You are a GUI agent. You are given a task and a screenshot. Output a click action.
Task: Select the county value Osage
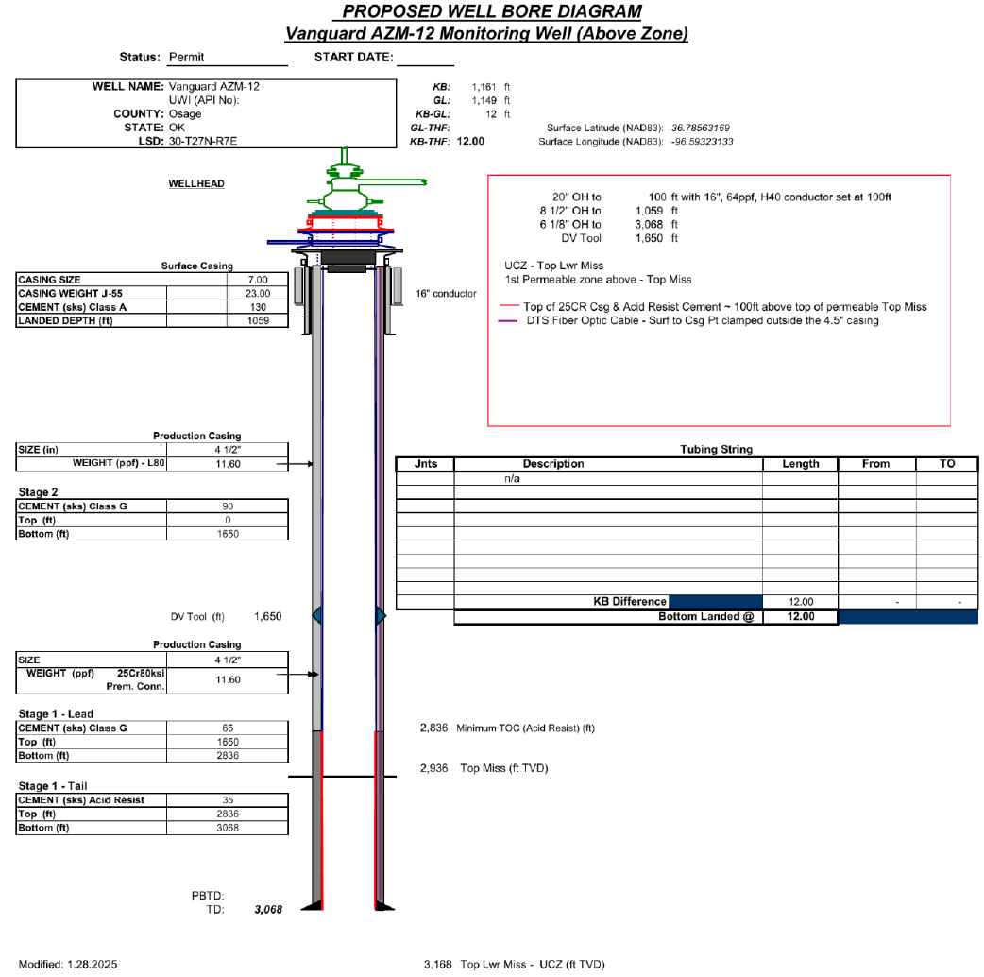184,114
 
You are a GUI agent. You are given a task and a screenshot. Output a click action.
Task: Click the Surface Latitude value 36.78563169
701,128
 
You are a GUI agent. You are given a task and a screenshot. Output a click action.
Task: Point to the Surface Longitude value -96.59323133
702,142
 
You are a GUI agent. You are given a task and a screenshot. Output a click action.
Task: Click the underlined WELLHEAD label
195,184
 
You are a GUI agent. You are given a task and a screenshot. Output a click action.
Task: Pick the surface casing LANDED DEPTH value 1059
258,320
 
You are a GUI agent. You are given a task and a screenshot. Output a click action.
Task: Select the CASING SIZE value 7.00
258,280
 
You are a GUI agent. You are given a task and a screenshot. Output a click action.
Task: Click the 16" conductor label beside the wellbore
446,294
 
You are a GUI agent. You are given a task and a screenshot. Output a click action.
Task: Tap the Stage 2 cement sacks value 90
228,506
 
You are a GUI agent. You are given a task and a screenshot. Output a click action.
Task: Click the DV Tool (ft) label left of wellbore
197,617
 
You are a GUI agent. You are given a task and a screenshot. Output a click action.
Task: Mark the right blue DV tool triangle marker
380,616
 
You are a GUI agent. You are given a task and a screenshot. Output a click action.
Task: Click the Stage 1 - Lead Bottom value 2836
228,756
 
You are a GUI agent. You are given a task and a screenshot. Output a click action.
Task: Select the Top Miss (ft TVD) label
503,768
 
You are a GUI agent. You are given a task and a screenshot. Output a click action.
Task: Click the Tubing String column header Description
553,464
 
